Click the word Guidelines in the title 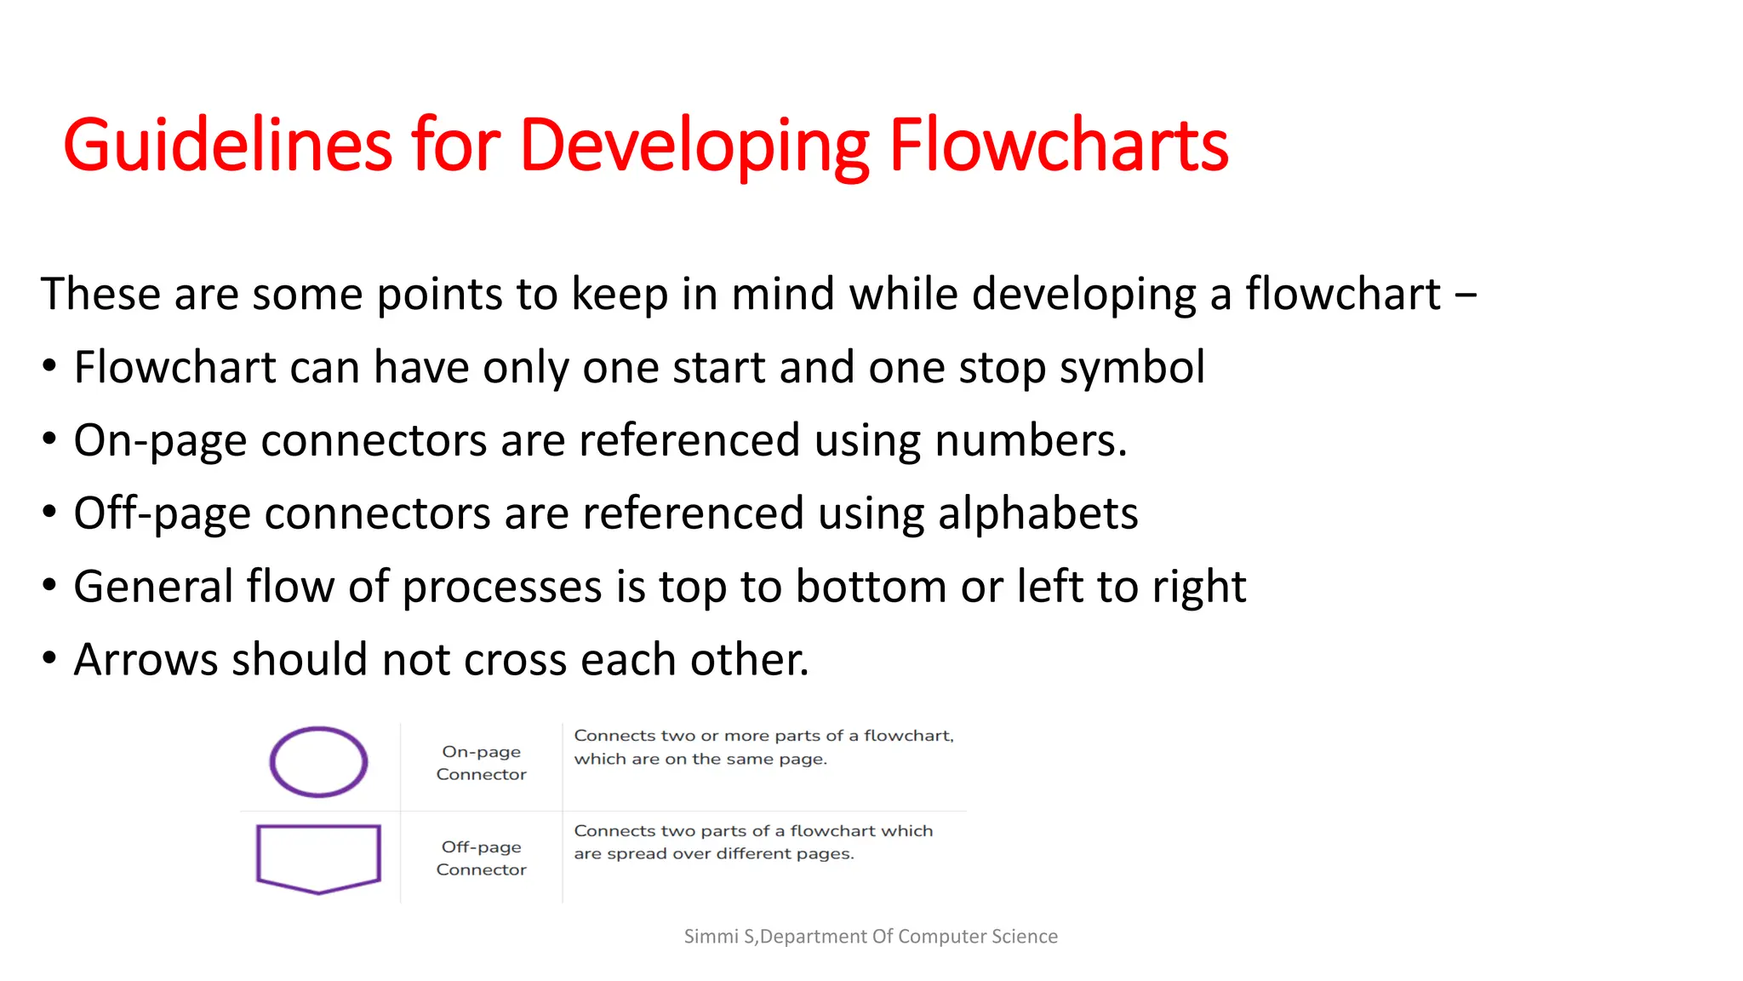227,145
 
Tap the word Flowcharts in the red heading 1058,145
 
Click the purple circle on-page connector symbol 318,761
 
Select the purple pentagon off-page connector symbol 318,857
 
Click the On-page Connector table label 481,763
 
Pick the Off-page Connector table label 481,858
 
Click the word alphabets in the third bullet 1037,513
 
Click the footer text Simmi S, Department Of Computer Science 871,937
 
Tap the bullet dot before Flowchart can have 49,367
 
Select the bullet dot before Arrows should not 49,658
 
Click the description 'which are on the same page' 700,759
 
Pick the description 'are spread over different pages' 713,854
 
